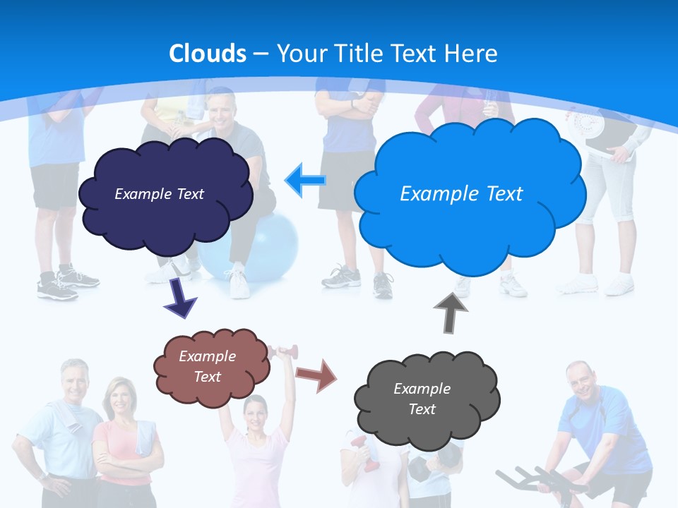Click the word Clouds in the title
[208, 54]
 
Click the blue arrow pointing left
[305, 180]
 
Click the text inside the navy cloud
[159, 194]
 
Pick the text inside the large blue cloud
[461, 194]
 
